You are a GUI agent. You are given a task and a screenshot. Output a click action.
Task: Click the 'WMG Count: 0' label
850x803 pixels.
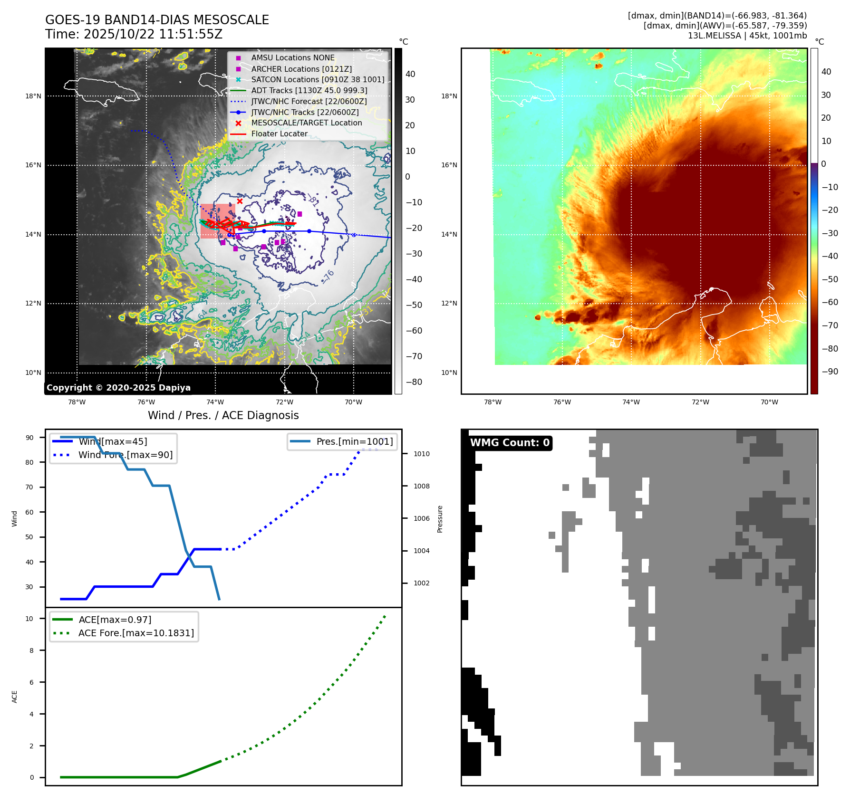[x=510, y=443]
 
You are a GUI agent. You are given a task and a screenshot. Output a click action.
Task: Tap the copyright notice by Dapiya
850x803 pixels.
[x=118, y=388]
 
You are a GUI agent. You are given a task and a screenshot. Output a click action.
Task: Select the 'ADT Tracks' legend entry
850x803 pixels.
[x=309, y=90]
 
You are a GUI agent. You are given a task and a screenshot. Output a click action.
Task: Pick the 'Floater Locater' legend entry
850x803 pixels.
[x=279, y=134]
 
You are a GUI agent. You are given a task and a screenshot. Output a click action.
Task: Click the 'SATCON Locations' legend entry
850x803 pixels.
[x=318, y=79]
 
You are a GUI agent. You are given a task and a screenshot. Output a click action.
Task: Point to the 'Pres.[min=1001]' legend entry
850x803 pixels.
[x=355, y=441]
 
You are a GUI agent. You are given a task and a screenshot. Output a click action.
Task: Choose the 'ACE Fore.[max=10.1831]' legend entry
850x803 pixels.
[x=136, y=633]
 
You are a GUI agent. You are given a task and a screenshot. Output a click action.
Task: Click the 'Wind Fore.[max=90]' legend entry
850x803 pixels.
[x=126, y=455]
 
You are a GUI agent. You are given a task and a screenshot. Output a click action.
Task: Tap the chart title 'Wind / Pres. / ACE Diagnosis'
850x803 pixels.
[x=223, y=415]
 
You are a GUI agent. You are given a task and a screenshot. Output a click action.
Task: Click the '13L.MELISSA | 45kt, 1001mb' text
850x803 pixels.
[x=747, y=36]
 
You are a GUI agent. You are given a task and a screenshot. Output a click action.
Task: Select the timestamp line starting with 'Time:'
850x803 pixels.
[x=134, y=34]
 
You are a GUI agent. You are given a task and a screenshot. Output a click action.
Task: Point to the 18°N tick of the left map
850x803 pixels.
[x=33, y=96]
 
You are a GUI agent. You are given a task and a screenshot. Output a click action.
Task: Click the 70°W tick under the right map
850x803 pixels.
[x=769, y=402]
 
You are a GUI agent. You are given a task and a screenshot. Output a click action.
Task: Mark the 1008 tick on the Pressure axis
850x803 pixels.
[x=422, y=486]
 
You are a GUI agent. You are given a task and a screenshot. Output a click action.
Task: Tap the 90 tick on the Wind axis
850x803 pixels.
[x=29, y=438]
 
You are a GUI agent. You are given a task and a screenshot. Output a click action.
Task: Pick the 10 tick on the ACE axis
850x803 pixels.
[x=29, y=619]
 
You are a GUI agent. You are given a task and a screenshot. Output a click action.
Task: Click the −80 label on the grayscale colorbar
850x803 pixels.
[x=414, y=382]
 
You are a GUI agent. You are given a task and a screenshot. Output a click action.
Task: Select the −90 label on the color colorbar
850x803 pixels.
[x=830, y=372]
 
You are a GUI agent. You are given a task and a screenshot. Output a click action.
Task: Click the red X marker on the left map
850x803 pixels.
[x=240, y=201]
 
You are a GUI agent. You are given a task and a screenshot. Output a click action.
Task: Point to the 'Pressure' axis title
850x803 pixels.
[x=440, y=519]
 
